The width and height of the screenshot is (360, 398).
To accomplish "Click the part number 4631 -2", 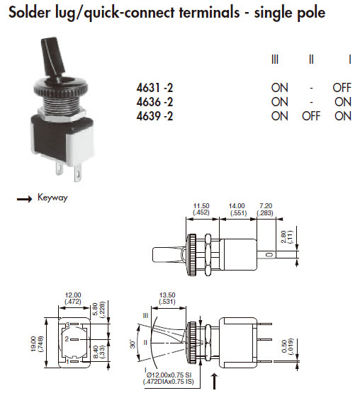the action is [x=154, y=88].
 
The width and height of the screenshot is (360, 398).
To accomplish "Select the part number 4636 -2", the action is [x=154, y=102].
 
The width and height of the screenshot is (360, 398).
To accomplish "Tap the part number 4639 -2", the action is [x=154, y=116].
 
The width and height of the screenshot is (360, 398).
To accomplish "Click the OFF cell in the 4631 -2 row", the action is [x=342, y=88].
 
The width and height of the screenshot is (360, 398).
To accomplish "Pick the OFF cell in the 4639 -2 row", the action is [x=311, y=116].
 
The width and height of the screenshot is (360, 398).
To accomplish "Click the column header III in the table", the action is [x=275, y=59].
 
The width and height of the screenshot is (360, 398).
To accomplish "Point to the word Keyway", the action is [x=52, y=198].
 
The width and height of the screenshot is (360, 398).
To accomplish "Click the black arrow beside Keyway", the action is [x=24, y=199].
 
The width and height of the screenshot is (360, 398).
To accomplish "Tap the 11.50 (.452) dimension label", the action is [x=201, y=210].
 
